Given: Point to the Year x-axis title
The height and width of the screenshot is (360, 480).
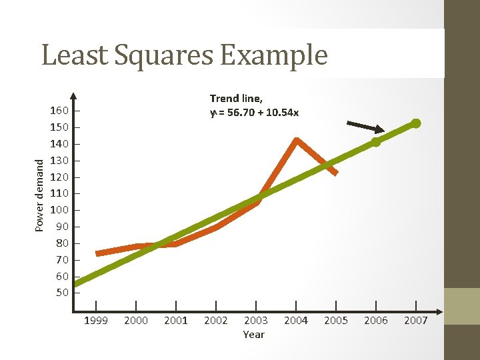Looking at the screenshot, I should coord(253,335).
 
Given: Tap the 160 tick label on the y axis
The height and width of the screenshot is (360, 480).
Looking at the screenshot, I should coord(59,110).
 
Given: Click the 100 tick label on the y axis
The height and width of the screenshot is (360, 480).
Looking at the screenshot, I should coord(59,210).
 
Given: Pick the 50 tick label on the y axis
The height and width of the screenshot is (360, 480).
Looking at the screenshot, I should coord(62,293).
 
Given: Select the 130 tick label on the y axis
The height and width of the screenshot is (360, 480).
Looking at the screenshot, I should coord(59,160).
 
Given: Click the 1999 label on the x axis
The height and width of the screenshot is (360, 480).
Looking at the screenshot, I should coord(96,321).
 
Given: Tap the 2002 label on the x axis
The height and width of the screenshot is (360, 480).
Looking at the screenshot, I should coord(215,321).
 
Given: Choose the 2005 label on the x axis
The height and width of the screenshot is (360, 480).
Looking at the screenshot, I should coord(335,321).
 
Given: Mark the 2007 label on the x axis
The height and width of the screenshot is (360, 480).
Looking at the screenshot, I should coord(416,321).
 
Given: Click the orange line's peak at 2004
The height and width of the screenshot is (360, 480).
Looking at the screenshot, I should coord(296,140).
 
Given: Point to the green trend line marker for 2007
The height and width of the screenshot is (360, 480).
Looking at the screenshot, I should coord(415,123).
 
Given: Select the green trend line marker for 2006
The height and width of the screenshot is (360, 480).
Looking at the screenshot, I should coord(376,141).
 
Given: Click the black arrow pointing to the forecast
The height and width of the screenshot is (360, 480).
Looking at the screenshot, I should coord(366,127).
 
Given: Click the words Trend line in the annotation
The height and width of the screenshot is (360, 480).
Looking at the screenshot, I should coord(236,99).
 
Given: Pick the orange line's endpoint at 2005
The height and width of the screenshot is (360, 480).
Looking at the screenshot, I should coord(336,173).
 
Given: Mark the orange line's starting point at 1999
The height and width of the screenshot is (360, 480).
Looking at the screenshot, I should coord(97,253).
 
